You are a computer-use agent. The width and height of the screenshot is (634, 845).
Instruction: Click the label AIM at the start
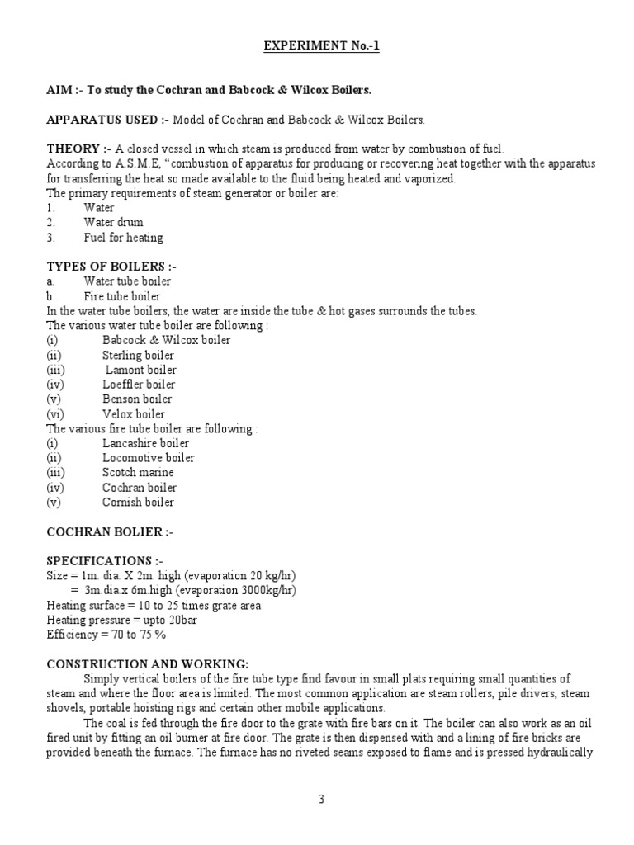[x=57, y=90]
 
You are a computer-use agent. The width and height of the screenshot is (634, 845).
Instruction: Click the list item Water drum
[x=113, y=223]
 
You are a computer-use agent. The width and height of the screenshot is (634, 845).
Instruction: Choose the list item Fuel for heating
[x=123, y=238]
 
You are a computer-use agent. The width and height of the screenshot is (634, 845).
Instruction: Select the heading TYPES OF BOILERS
[x=111, y=267]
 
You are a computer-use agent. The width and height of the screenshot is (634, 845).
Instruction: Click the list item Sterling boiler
[x=138, y=355]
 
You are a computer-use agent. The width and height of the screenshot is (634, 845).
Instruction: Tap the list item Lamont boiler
[x=140, y=370]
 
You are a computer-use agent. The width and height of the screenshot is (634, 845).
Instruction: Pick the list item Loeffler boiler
[x=138, y=385]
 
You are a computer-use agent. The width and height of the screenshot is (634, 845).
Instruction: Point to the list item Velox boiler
[x=133, y=414]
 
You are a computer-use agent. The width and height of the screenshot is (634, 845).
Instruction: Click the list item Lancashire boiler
[x=145, y=443]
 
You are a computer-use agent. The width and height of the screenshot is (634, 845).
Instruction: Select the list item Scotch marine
[x=138, y=473]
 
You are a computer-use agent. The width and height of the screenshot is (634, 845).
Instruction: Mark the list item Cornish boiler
[x=138, y=502]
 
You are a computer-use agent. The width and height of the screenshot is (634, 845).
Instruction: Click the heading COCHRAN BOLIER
[x=110, y=531]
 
